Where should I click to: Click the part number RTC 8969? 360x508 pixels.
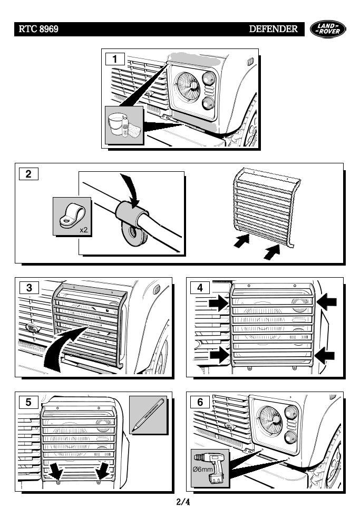tap(38, 30)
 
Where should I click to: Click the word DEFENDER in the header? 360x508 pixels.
tap(273, 30)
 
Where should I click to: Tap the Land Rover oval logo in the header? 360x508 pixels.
tap(329, 29)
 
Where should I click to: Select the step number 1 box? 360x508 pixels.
tap(115, 59)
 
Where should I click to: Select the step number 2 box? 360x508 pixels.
tap(28, 173)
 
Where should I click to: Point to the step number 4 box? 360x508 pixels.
tap(200, 288)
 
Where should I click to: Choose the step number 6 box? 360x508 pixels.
tap(200, 402)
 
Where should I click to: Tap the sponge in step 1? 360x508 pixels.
tap(134, 129)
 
